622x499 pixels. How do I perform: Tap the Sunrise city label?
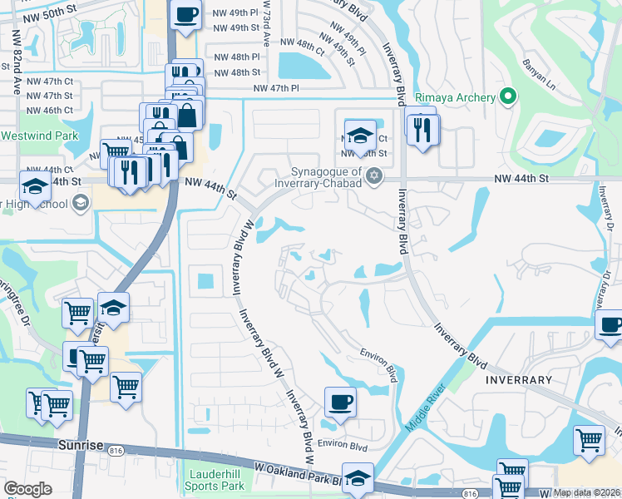[x=81, y=445]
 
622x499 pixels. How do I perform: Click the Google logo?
[x=27, y=489]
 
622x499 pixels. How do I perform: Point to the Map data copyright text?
[x=586, y=492]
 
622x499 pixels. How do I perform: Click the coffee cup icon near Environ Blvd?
[x=339, y=403]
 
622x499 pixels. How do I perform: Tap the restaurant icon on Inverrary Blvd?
[x=422, y=128]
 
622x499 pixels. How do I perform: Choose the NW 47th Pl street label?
[x=275, y=87]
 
